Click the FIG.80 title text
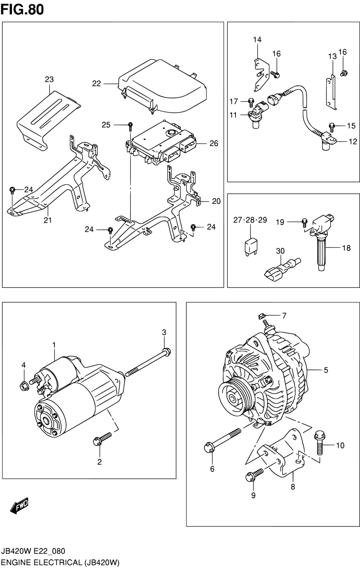point(22,10)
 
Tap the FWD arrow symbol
point(19,505)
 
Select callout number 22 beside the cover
point(96,83)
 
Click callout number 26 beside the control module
point(214,144)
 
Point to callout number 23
point(49,79)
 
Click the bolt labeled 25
point(130,127)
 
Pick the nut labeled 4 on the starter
point(24,386)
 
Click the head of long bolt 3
point(166,352)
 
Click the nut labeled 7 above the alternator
point(261,316)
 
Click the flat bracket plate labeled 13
point(331,93)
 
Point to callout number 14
point(257,40)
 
